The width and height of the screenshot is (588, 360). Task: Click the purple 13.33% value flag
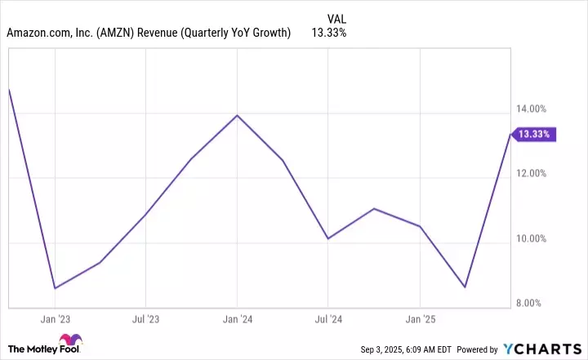(534, 134)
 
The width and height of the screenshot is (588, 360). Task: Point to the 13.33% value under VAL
(328, 33)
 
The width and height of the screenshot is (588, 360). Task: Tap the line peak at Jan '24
(237, 115)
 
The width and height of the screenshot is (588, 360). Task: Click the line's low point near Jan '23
(55, 288)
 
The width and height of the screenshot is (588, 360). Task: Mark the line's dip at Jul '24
(327, 238)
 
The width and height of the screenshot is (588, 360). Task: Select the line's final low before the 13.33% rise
(465, 287)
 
